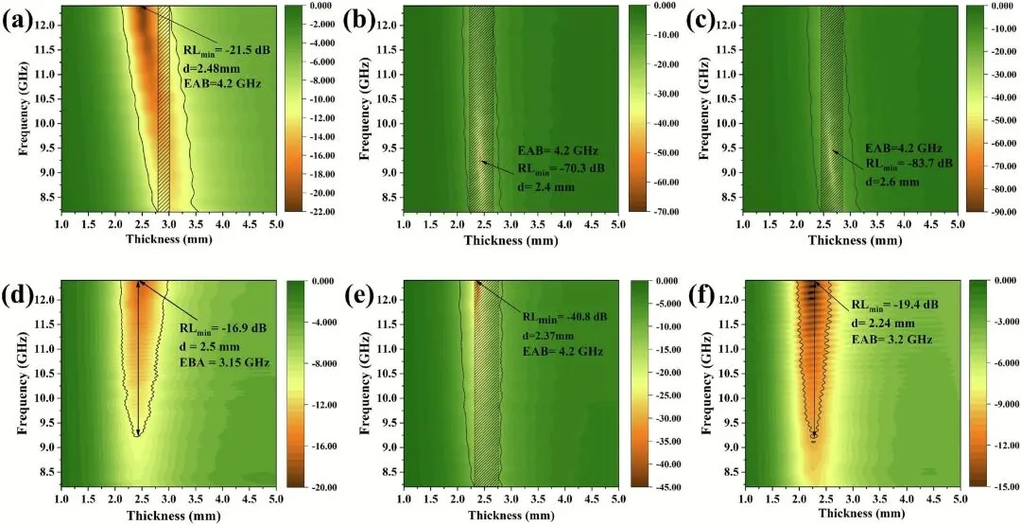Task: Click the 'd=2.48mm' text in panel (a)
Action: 204,66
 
